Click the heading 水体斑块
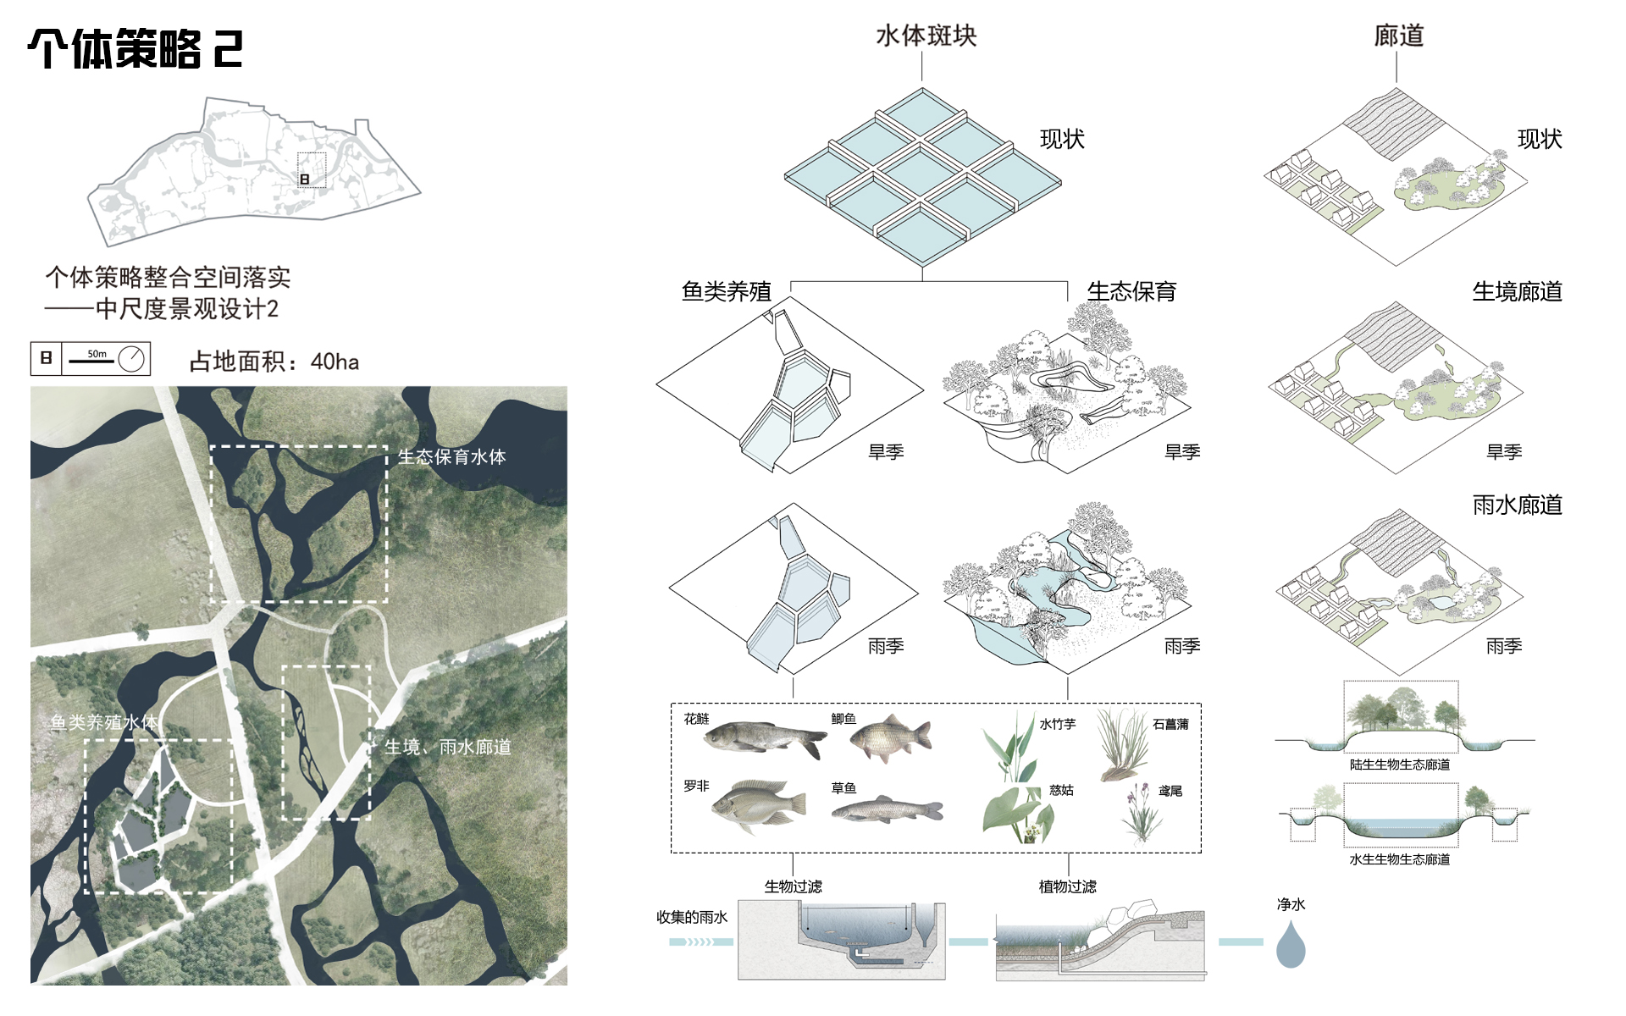pos(926,36)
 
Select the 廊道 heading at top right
pos(1398,36)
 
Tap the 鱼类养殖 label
pos(726,291)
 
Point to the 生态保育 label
pos(1131,291)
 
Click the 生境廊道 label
pos(1517,291)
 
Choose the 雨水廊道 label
pos(1517,505)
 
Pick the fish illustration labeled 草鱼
pos(887,809)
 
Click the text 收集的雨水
pos(692,917)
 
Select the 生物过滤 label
pos(793,886)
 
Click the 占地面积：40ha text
pos(274,362)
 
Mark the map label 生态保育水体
pos(451,456)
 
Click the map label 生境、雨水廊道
pos(448,747)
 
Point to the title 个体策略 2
pos(135,49)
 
